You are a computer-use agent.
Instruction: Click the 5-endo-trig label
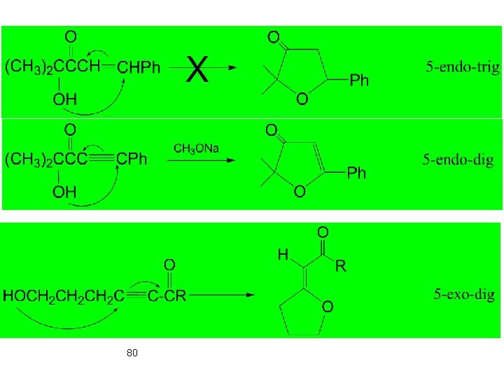click(463, 68)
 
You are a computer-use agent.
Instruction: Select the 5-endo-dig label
click(458, 160)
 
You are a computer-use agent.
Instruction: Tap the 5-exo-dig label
click(463, 294)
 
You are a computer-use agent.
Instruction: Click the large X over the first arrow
click(199, 70)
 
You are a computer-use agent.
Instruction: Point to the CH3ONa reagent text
click(196, 148)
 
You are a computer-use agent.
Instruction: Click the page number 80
click(132, 353)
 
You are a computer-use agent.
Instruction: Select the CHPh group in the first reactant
click(139, 68)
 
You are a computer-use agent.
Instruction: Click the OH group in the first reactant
click(65, 99)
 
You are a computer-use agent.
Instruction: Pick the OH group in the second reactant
click(65, 192)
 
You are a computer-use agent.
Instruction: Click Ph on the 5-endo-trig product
click(358, 81)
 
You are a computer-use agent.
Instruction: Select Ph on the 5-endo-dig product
click(356, 173)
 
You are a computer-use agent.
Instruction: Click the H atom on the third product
click(283, 255)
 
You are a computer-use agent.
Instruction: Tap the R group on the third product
click(341, 266)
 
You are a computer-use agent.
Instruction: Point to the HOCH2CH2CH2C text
click(64, 295)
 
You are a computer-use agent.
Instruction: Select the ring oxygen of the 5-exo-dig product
click(327, 307)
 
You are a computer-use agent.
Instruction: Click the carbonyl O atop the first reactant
click(71, 35)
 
